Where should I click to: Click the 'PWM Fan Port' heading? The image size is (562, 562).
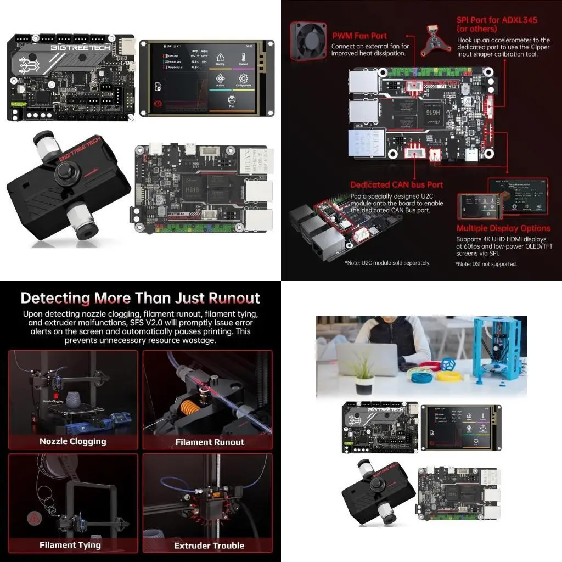[359, 36]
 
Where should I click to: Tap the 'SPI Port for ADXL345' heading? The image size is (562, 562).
[497, 24]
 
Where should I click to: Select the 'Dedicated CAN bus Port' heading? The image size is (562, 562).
[396, 185]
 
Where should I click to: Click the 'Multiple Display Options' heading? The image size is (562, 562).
[503, 228]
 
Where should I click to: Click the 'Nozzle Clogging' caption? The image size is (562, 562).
[73, 441]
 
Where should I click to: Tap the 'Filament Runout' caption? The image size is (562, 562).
[210, 442]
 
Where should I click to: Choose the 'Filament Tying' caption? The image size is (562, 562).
[70, 545]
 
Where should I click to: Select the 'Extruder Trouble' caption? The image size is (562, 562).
[209, 546]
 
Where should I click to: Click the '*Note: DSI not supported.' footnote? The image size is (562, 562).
[486, 264]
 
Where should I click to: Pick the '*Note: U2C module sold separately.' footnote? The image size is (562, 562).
[387, 263]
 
